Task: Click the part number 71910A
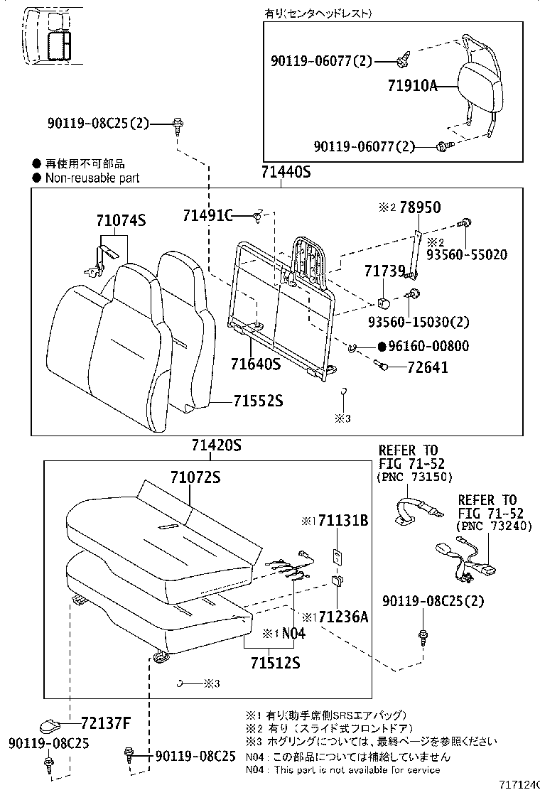(411, 87)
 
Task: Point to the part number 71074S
(121, 221)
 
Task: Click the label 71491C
(207, 215)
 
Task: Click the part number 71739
(384, 271)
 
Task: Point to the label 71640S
(255, 365)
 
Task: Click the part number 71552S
(258, 401)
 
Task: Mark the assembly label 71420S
(217, 445)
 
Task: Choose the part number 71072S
(195, 477)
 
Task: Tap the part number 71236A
(343, 616)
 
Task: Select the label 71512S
(274, 663)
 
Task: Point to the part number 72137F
(106, 724)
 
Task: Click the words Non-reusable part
(92, 178)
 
